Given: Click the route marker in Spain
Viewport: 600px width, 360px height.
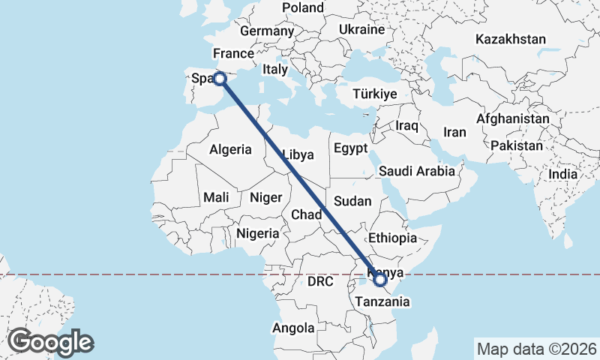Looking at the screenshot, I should coord(220,78).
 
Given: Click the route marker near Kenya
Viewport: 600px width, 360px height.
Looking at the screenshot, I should coord(380,280).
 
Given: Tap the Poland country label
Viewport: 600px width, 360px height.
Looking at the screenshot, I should coord(303,8).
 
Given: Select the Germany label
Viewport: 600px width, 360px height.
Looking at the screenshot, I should coord(267,31).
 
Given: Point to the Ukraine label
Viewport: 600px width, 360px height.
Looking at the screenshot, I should coord(361,30).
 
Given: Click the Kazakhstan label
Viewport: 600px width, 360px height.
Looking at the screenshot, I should coord(510,39).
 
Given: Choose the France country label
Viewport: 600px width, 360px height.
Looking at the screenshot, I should coord(233,54).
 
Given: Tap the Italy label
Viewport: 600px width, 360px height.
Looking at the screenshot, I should coord(275,70).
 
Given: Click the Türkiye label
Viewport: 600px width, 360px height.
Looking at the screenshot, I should coord(375,94).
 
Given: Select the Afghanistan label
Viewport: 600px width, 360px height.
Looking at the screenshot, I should coord(513,119).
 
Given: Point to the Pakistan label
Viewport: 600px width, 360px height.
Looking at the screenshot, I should coord(517,146).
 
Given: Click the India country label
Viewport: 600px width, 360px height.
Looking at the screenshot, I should coord(563,174).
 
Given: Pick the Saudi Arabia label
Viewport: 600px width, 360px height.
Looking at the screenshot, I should coord(417,171).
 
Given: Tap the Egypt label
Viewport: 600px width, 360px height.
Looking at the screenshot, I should coord(350,148).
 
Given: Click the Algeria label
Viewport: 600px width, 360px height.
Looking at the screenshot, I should coord(231,149).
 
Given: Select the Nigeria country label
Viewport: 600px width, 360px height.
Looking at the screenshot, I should coord(258,233).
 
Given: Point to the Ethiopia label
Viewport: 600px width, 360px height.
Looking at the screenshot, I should coord(392,238).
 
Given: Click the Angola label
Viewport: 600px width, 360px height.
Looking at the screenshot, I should coord(293,328).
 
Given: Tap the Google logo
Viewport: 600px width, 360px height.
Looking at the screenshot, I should coord(50,341).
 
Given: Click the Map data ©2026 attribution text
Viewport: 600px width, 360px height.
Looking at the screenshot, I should coord(536,349).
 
